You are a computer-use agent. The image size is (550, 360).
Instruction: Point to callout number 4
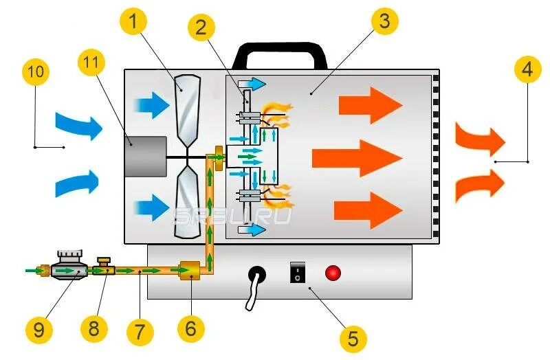coord(526,71)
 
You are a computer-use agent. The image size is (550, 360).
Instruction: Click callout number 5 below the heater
coord(353,337)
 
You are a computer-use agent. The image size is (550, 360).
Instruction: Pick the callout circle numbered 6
coord(190,329)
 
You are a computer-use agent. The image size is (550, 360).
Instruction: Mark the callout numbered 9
coord(38,330)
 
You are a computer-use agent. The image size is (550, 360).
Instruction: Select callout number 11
coord(92,64)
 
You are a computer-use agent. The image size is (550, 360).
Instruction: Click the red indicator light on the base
coord(333,273)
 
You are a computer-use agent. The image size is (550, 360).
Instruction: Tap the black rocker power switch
coord(296,273)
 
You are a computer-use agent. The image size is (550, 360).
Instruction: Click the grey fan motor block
coord(144,156)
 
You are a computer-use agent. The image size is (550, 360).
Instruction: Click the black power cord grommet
coord(258,275)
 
